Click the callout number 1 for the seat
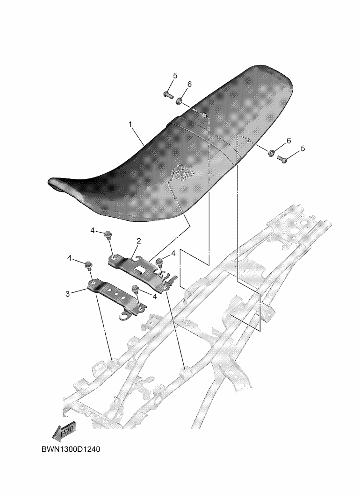click(130, 125)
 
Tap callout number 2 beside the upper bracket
click(138, 241)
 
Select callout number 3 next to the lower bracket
click(67, 294)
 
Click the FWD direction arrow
click(64, 431)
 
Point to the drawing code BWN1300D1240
click(71, 449)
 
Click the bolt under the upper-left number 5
click(167, 94)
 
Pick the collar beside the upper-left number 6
click(179, 101)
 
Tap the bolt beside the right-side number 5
click(282, 158)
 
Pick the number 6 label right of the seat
click(288, 141)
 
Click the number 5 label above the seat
click(175, 76)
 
